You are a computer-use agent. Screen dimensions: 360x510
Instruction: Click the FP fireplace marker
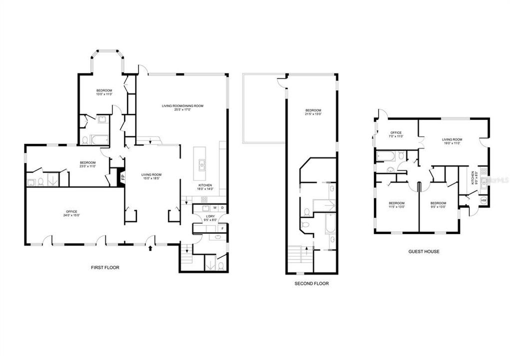[x=120, y=176]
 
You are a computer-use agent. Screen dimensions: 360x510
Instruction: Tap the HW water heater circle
[x=483, y=200]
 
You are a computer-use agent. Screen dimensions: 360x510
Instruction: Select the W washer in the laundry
[x=214, y=208]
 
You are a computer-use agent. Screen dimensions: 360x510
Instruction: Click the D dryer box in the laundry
[x=222, y=208]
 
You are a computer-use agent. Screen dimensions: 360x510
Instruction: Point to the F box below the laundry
[x=222, y=228]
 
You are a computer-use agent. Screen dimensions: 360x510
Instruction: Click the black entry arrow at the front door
[x=151, y=246]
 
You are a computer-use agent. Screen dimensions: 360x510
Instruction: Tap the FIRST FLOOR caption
[x=105, y=267]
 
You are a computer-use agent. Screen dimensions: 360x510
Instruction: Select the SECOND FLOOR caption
[x=311, y=283]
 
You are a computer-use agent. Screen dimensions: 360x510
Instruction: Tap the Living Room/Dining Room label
[x=182, y=107]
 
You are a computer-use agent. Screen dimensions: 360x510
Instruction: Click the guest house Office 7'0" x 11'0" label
[x=395, y=134]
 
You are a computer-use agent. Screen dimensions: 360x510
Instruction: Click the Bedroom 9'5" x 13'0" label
[x=438, y=204]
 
